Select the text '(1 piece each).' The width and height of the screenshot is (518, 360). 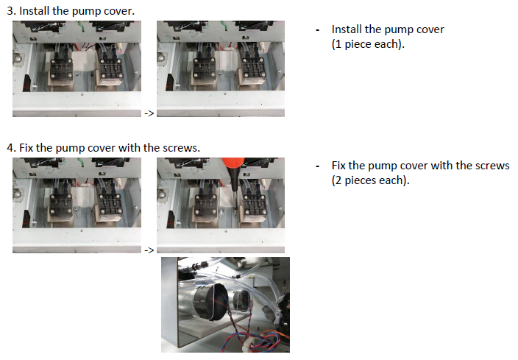point(368,44)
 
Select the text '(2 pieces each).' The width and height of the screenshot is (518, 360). point(370,180)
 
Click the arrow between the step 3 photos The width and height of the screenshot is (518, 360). point(149,113)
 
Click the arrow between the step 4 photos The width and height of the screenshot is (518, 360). point(149,250)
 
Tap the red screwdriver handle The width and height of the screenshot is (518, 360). point(233,163)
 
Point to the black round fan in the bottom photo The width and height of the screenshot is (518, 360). point(209,303)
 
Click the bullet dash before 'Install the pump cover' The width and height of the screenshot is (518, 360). point(317,30)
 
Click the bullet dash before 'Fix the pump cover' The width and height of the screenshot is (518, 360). point(317,166)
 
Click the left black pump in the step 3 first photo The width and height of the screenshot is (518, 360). point(61,69)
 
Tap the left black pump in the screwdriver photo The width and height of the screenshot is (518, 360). point(205,205)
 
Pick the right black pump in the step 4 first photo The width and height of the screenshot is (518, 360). point(110,205)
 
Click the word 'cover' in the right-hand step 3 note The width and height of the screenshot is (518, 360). point(430,29)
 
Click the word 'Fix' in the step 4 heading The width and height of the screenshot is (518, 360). point(26,148)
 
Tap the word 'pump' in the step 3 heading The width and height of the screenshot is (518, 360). point(86,12)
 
